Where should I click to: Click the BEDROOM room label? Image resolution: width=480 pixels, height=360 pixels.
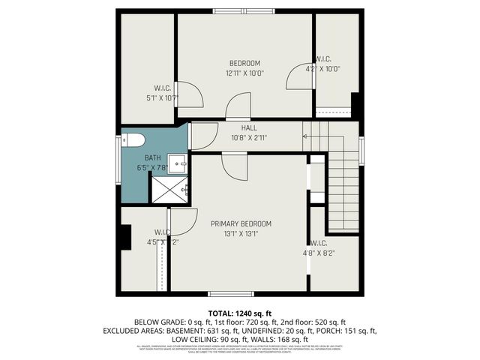pyautogui.click(x=244, y=63)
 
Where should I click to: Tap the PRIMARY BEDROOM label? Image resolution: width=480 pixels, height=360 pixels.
pyautogui.click(x=241, y=223)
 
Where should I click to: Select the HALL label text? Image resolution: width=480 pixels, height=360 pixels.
pyautogui.click(x=239, y=128)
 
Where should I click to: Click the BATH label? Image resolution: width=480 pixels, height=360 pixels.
pyautogui.click(x=152, y=157)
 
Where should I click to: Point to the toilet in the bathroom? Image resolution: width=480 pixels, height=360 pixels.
pyautogui.click(x=133, y=140)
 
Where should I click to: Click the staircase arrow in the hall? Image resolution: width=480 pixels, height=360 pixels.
pyautogui.click(x=305, y=136)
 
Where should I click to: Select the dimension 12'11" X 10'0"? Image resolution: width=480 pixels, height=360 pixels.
pyautogui.click(x=244, y=73)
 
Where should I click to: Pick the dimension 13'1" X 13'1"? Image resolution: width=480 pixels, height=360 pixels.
pyautogui.click(x=241, y=234)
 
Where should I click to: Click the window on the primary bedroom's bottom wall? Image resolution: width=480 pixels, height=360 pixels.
pyautogui.click(x=230, y=293)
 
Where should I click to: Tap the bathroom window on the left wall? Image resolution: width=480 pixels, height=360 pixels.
pyautogui.click(x=117, y=157)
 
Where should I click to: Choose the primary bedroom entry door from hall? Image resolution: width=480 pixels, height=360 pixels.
pyautogui.click(x=234, y=165)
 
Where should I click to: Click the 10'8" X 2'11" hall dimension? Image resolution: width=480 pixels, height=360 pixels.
pyautogui.click(x=239, y=138)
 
